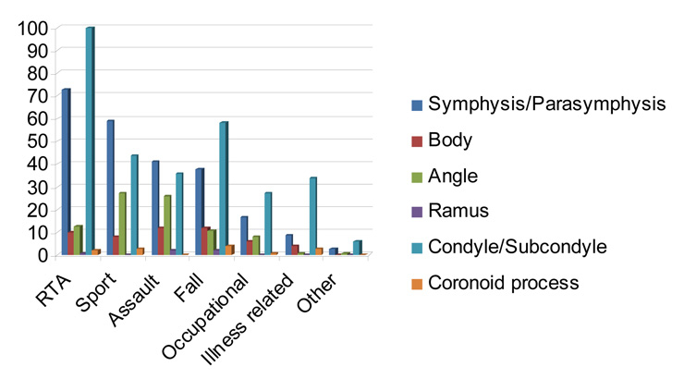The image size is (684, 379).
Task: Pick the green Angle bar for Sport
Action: click(x=122, y=223)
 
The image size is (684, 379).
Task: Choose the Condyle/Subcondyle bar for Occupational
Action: click(x=267, y=223)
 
